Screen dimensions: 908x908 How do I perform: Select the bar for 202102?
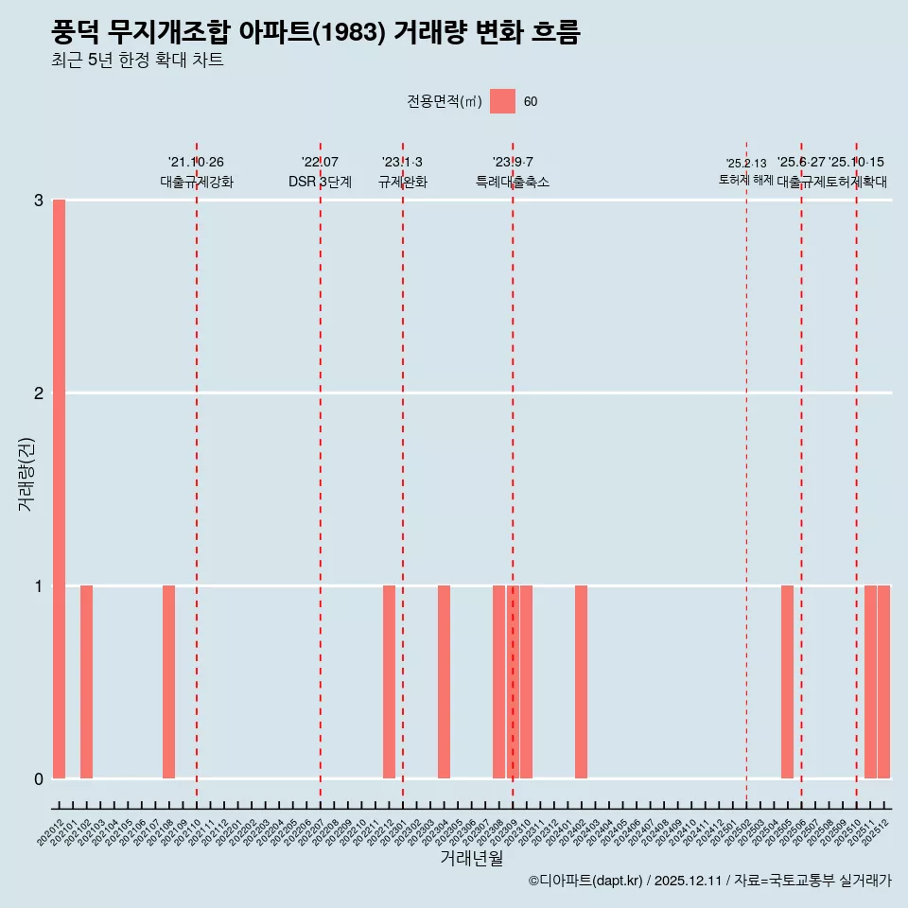point(86,682)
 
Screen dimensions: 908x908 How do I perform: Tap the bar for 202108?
point(168,682)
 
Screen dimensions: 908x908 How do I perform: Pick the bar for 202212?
point(389,682)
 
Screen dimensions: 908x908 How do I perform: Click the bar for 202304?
point(444,682)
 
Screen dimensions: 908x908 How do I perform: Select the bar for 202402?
point(581,682)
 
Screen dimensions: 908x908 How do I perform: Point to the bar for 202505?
point(787,682)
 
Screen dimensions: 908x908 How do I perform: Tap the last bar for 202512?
point(883,682)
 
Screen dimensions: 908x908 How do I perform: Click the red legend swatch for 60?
point(502,101)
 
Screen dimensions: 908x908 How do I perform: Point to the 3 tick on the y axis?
point(39,201)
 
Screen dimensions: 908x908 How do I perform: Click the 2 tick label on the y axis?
point(39,393)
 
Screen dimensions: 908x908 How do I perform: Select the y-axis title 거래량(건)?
point(26,474)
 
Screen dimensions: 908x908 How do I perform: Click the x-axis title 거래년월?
point(471,858)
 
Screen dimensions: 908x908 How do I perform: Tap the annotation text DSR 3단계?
point(320,183)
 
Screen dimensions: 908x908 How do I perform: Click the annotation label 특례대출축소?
point(512,183)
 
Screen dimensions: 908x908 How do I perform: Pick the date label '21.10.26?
point(196,163)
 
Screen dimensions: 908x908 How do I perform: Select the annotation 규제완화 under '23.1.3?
point(403,183)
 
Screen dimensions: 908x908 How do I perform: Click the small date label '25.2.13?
point(746,164)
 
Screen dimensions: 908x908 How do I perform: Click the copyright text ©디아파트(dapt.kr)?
point(585,882)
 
